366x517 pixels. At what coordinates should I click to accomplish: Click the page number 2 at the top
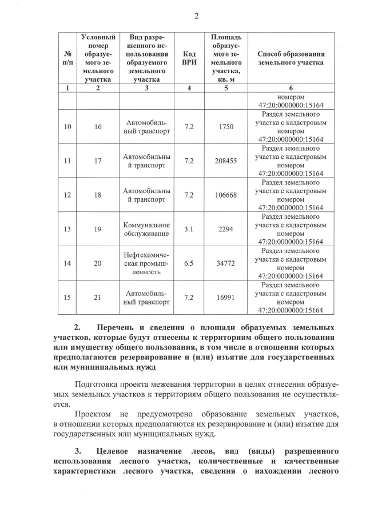click(196, 16)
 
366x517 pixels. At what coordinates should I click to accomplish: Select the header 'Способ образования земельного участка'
click(291, 58)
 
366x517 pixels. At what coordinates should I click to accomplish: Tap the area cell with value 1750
click(226, 126)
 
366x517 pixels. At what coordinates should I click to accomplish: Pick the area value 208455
click(226, 161)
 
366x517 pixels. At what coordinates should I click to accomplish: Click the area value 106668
click(226, 195)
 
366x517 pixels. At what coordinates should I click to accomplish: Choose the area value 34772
click(226, 263)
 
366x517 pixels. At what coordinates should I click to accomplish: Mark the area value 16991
click(226, 298)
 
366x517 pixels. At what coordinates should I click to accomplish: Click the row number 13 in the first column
click(67, 230)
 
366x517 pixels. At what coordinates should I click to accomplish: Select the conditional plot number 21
click(97, 298)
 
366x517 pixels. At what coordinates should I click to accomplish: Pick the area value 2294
click(226, 230)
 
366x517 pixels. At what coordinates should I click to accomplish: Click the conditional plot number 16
click(97, 126)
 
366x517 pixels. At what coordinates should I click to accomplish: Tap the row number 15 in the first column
click(67, 298)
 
